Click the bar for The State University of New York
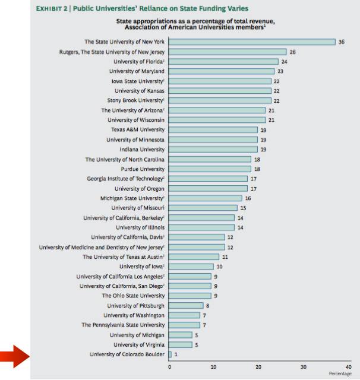click(252, 42)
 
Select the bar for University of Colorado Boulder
click(170, 354)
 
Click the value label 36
click(342, 42)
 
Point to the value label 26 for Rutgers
click(292, 52)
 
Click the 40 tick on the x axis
click(348, 367)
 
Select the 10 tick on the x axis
click(214, 367)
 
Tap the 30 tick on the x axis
click(303, 367)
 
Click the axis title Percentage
click(340, 373)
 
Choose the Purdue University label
click(143, 169)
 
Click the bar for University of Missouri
click(203, 208)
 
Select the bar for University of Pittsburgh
click(187, 305)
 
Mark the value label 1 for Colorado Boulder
click(176, 354)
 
